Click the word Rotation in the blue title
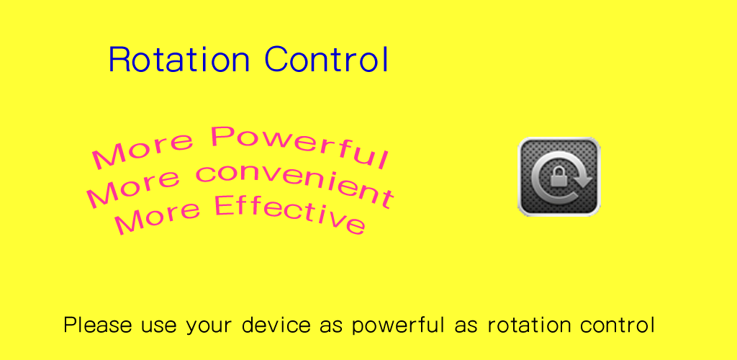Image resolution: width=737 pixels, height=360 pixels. pyautogui.click(x=178, y=60)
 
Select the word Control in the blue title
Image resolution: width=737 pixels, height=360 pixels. pyautogui.click(x=327, y=60)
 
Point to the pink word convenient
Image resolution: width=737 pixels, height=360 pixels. pyautogui.click(x=294, y=185)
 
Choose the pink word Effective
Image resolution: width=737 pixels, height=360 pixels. pyautogui.click(x=290, y=213)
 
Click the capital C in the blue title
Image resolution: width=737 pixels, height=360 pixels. pyautogui.click(x=276, y=60)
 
